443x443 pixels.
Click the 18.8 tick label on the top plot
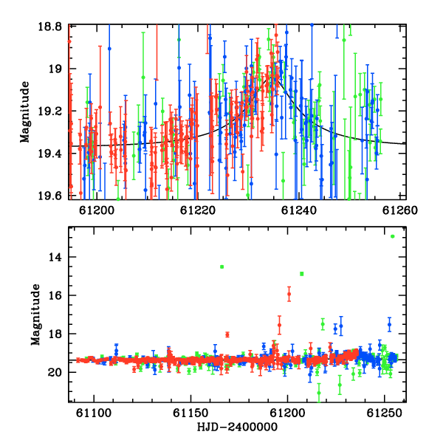click(x=50, y=27)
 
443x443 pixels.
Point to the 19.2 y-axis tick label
click(x=50, y=111)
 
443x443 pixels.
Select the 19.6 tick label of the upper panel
click(x=50, y=196)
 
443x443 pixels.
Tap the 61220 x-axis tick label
click(x=197, y=210)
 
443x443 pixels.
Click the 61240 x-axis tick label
click(x=298, y=210)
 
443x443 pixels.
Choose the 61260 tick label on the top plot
click(x=399, y=210)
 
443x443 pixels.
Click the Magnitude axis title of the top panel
click(x=25, y=112)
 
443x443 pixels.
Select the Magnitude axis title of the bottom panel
click(x=35, y=315)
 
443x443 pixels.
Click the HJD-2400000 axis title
click(x=237, y=427)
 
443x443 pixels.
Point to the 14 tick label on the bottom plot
click(x=55, y=257)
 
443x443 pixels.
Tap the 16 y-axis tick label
click(x=55, y=295)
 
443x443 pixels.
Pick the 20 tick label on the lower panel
click(x=55, y=372)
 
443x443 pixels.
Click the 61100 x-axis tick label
click(x=94, y=413)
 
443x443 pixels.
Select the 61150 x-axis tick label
click(x=190, y=413)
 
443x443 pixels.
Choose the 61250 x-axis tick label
click(x=384, y=413)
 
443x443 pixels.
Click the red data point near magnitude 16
click(x=289, y=294)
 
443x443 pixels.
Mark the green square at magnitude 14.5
click(x=221, y=267)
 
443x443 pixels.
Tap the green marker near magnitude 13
click(x=393, y=236)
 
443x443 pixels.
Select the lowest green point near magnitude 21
click(x=319, y=393)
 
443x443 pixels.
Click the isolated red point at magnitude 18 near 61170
click(x=227, y=334)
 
